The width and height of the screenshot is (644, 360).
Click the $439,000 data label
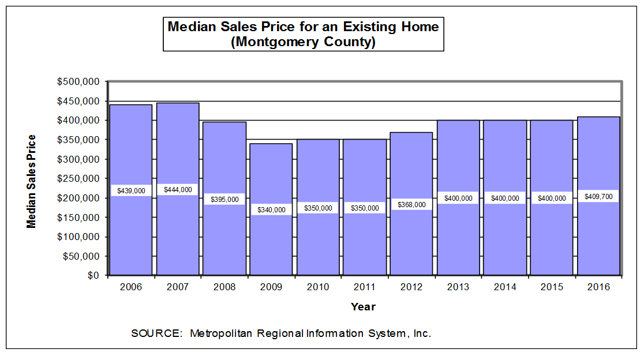tap(131, 190)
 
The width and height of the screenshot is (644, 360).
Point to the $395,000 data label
tap(224, 199)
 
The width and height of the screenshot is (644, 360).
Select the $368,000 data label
tap(411, 204)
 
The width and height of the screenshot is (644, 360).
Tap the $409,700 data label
tap(598, 196)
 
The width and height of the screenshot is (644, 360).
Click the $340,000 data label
tap(271, 210)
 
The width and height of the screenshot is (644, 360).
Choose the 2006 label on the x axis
tap(131, 287)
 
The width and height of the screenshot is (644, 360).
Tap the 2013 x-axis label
tap(458, 287)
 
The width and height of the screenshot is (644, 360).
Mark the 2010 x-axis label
tap(318, 287)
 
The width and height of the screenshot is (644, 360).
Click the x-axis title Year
tap(363, 307)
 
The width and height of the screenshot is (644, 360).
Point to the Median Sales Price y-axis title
tap(32, 181)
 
